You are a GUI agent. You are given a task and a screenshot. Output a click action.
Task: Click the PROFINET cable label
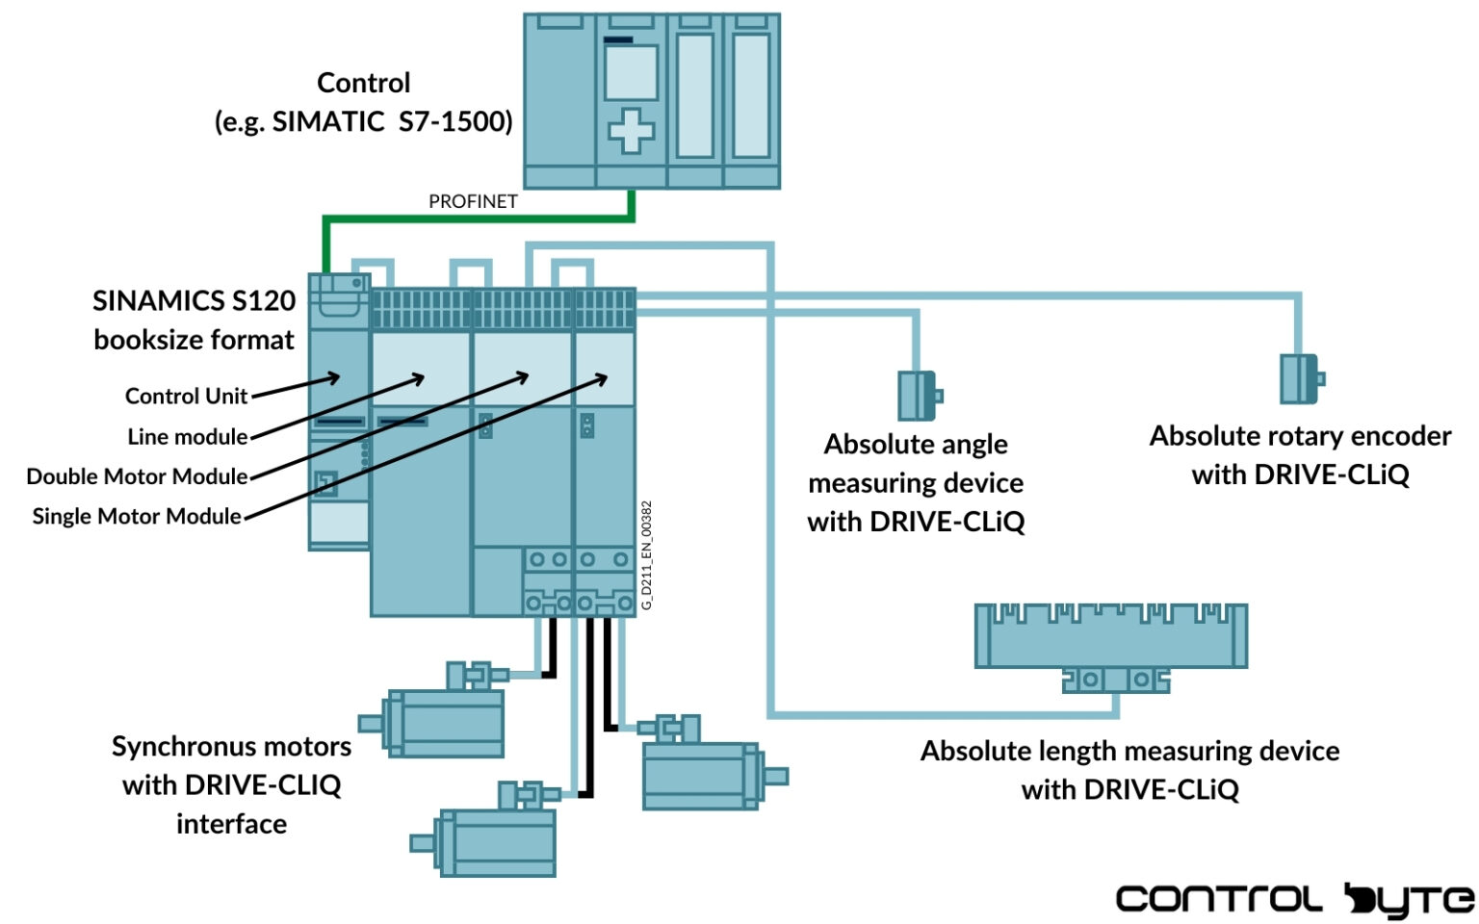(473, 201)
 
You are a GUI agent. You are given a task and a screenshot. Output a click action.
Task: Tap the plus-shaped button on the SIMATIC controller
(631, 130)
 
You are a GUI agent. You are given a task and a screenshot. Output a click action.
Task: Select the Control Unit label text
(186, 397)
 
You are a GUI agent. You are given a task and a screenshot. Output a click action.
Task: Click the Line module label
(188, 437)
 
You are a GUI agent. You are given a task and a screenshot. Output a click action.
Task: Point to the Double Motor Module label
(137, 476)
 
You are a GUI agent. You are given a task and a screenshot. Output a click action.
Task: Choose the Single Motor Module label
(137, 517)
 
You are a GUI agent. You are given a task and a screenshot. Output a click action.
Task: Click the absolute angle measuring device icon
(919, 396)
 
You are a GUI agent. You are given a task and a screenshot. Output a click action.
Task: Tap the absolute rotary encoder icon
(1301, 378)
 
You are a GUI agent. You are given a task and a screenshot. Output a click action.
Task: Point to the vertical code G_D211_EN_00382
(647, 554)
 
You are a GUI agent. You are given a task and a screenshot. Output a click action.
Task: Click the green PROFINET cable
(481, 218)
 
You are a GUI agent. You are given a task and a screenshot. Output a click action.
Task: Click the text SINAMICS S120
(194, 301)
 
